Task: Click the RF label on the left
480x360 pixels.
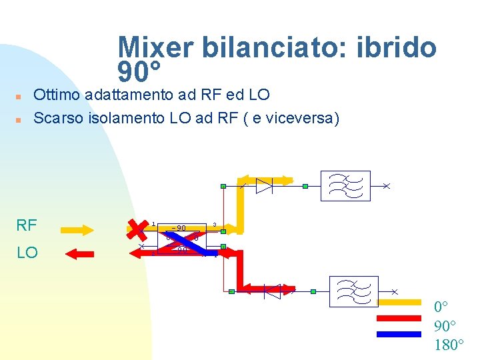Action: [x=26, y=225]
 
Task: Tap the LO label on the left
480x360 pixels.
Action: [x=27, y=253]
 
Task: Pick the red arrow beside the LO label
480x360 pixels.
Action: [x=83, y=253]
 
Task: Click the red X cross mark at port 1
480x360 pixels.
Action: [x=137, y=228]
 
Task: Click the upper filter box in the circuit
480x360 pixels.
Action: [x=345, y=185]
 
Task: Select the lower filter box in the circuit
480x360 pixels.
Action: [x=354, y=291]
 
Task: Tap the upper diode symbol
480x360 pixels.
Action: [x=264, y=185]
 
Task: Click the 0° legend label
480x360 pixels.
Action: [x=442, y=308]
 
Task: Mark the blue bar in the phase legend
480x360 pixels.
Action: [x=399, y=334]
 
